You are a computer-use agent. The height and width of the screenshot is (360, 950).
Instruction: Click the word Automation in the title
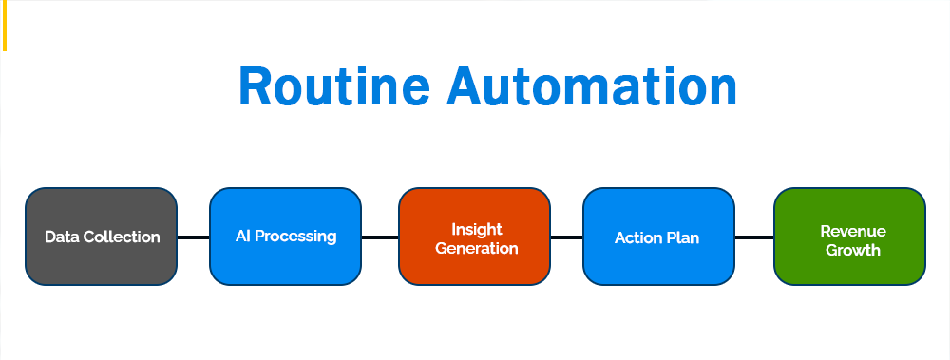click(592, 86)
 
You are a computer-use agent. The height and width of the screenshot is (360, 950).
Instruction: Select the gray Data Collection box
click(102, 237)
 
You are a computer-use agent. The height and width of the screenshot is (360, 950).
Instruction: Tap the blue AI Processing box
click(285, 237)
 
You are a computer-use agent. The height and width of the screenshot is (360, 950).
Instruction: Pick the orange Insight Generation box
click(474, 237)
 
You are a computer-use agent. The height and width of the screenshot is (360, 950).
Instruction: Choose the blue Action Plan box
click(658, 237)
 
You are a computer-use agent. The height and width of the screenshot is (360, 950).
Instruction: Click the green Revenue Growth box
click(849, 237)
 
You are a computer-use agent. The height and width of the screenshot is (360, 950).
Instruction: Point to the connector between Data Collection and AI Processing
click(193, 237)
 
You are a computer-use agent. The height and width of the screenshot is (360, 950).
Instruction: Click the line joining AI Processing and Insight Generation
click(380, 237)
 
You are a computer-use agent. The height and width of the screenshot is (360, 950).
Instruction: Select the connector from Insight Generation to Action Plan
click(566, 237)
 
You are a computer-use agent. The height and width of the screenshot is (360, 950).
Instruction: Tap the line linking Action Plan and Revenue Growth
click(754, 237)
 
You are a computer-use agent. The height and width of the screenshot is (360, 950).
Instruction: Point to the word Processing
click(295, 237)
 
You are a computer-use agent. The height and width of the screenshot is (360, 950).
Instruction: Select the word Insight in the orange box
click(477, 230)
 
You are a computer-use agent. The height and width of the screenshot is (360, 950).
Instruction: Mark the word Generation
click(477, 249)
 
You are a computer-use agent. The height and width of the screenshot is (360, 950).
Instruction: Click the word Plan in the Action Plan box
click(683, 237)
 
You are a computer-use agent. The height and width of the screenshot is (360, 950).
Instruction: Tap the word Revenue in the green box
click(853, 231)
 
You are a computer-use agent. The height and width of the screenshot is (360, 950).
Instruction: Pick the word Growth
click(853, 251)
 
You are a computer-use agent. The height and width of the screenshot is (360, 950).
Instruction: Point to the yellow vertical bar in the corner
click(4, 26)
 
